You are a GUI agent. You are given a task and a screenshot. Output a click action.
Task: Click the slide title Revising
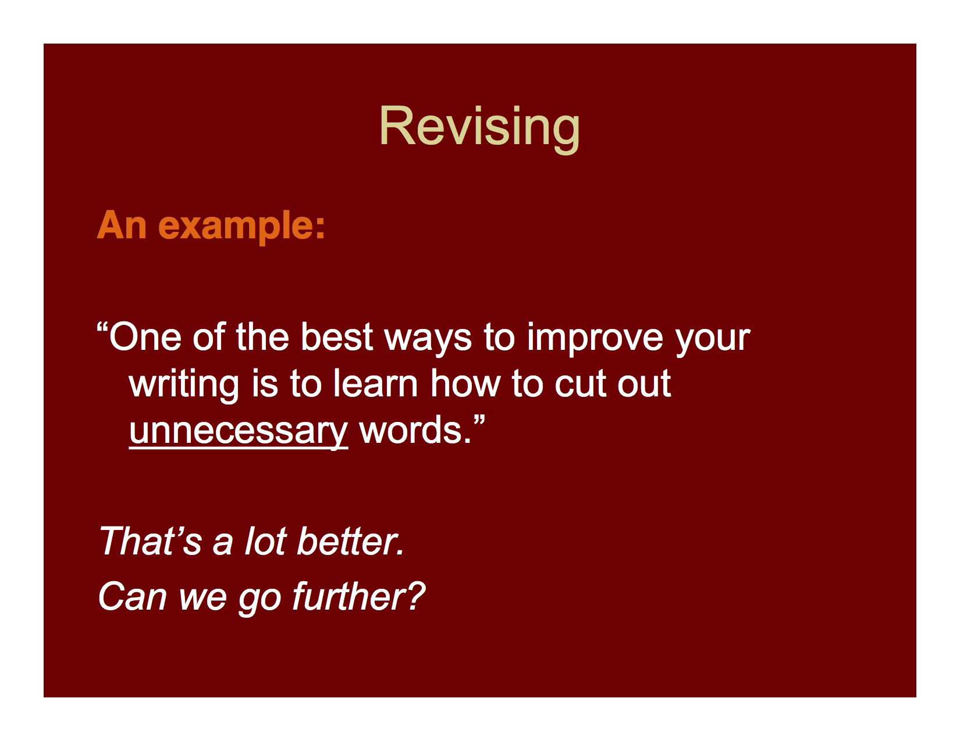click(x=479, y=126)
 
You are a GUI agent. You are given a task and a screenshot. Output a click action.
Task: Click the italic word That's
click(x=151, y=541)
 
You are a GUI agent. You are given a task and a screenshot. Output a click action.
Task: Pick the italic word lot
click(x=265, y=541)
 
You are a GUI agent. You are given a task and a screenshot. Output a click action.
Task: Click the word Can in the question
click(x=133, y=597)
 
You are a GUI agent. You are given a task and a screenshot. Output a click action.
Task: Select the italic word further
click(x=358, y=597)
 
